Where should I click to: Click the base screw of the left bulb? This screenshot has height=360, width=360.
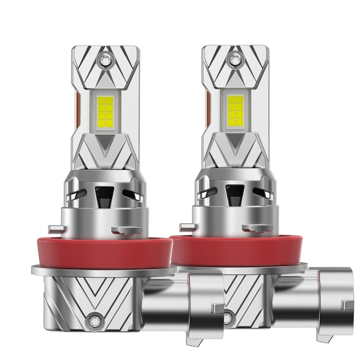pos(93,318)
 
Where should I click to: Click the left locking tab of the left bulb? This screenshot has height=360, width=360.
pos(55,229)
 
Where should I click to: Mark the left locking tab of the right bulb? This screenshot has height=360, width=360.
pos(187,227)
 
